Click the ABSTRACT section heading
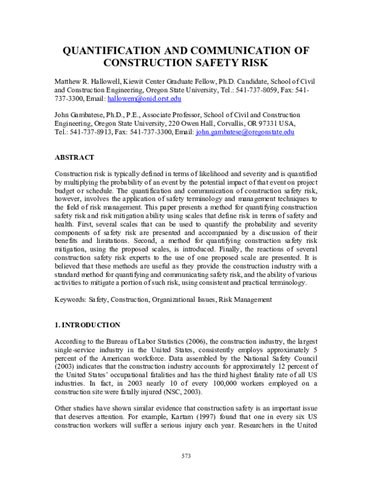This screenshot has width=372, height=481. (74, 157)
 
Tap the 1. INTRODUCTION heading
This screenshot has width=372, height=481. (87, 325)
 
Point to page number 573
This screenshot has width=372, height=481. (186, 456)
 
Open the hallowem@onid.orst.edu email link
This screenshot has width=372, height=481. (153, 99)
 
